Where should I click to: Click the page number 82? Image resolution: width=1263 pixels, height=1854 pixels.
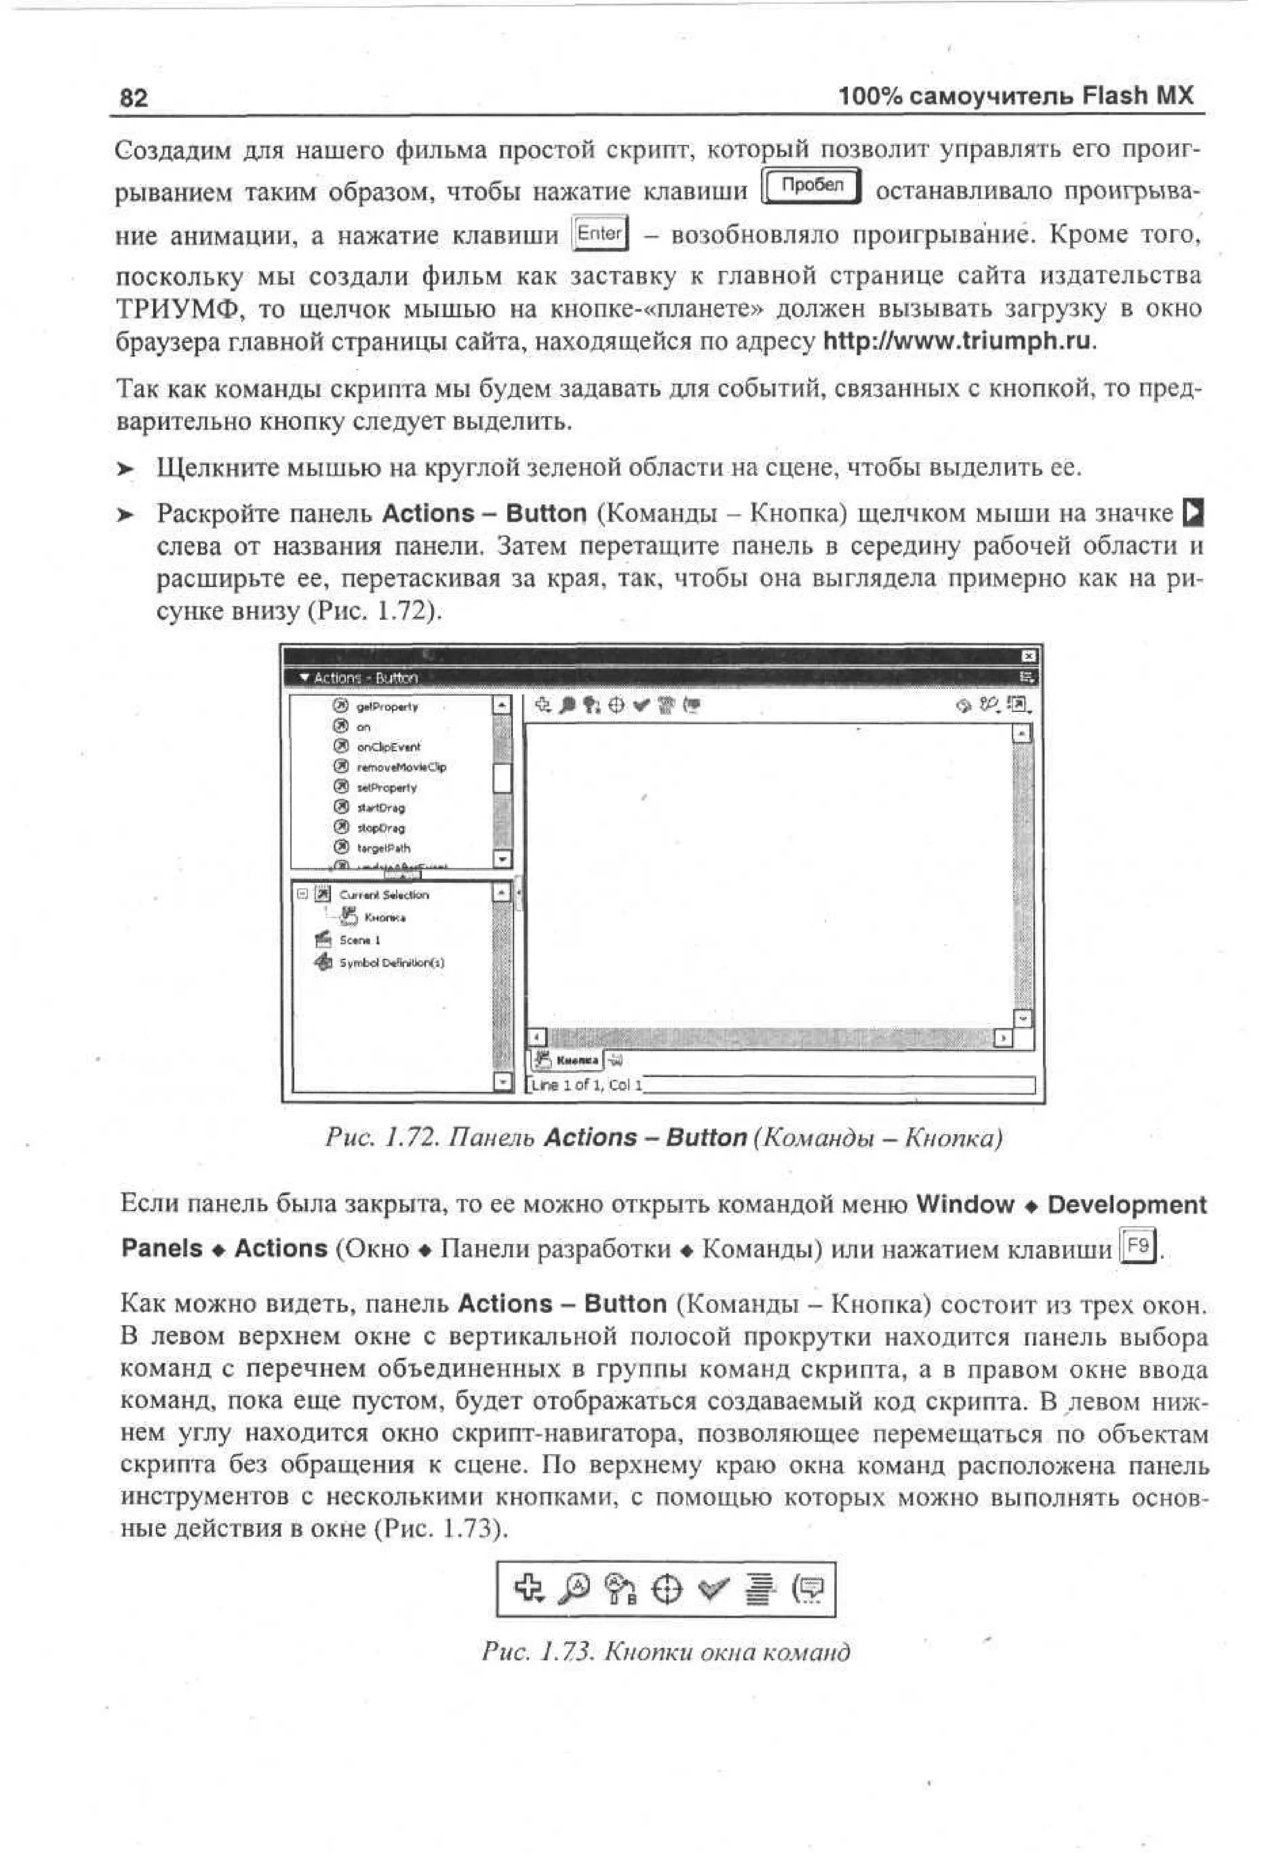click(x=133, y=98)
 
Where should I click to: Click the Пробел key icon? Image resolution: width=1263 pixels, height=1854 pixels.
click(x=812, y=187)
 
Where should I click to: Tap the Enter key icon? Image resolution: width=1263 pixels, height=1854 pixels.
click(x=601, y=234)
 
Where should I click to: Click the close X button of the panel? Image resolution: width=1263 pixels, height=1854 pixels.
click(x=1029, y=656)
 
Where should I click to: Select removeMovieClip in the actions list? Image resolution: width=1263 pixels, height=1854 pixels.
click(x=401, y=768)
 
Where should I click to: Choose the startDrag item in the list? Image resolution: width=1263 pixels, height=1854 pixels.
click(x=381, y=808)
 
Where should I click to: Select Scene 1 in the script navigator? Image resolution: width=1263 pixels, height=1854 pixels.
click(x=360, y=940)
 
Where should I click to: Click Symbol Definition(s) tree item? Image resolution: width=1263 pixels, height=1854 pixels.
click(x=392, y=963)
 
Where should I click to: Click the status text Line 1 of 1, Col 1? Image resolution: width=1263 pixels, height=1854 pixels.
click(x=586, y=1085)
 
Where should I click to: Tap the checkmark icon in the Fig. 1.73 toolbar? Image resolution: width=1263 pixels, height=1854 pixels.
click(x=713, y=1589)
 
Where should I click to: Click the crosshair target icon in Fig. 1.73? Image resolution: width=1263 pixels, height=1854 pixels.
click(x=667, y=1590)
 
